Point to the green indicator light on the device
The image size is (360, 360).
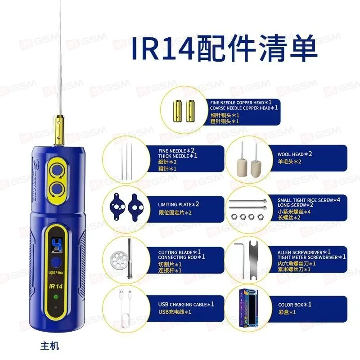[56, 297]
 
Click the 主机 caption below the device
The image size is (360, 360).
[49, 346]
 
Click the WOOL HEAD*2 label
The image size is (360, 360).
[295, 154]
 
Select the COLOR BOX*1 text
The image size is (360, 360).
[295, 305]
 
